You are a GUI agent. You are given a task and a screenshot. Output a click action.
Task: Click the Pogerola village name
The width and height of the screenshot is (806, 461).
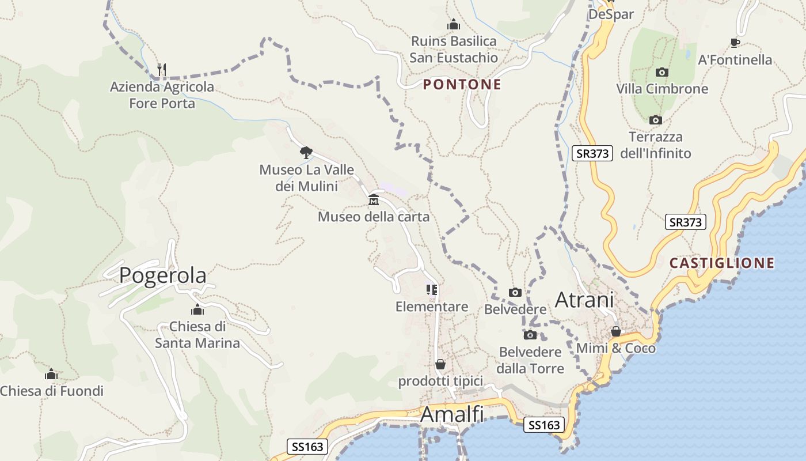(x=162, y=275)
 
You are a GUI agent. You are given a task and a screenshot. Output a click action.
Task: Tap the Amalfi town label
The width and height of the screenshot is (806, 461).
(x=452, y=414)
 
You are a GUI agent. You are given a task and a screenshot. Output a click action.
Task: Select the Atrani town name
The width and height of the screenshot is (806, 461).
(x=584, y=300)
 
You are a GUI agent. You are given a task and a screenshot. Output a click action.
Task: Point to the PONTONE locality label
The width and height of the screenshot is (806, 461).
(x=462, y=85)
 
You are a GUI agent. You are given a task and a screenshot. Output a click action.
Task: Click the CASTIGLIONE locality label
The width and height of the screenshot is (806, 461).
(x=721, y=263)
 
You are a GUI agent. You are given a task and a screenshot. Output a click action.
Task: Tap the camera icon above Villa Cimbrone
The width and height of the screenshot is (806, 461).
(x=662, y=73)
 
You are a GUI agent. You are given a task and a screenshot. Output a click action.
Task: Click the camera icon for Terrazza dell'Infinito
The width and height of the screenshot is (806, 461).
(x=655, y=120)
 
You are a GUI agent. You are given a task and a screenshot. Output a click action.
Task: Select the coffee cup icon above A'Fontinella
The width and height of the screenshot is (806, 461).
(x=735, y=43)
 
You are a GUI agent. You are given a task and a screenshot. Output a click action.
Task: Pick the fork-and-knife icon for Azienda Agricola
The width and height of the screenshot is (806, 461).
(x=162, y=70)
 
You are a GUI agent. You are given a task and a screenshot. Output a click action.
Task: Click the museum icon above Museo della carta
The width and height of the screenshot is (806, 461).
(x=374, y=200)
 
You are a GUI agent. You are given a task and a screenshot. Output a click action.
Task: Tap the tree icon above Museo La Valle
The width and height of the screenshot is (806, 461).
(x=306, y=153)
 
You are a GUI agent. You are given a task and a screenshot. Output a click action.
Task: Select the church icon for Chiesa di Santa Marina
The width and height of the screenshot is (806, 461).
(x=197, y=310)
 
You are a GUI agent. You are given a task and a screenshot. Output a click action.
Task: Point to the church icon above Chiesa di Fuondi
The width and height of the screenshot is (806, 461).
(x=51, y=375)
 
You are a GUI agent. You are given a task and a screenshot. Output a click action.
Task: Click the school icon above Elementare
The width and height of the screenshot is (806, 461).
(x=432, y=290)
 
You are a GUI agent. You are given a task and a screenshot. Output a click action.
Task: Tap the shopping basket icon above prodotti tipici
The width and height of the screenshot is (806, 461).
(x=440, y=364)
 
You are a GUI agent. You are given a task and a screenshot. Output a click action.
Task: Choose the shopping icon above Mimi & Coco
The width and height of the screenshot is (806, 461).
(x=615, y=331)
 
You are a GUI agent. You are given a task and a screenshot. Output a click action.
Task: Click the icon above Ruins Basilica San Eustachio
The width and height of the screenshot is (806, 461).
(x=454, y=25)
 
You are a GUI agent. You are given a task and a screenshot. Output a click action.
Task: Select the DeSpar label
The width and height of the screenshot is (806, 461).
(x=611, y=14)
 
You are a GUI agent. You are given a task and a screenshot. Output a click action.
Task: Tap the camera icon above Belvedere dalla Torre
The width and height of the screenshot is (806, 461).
(x=530, y=335)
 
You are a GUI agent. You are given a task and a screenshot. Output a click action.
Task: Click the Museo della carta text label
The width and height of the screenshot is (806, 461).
(x=374, y=217)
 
